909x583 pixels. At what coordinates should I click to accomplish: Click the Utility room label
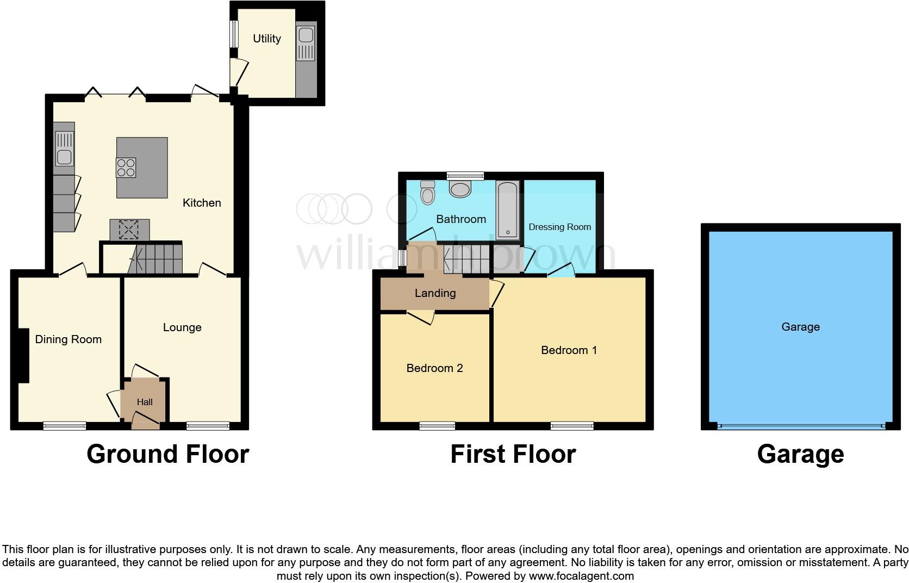[266, 39]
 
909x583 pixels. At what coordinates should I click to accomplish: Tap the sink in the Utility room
[306, 36]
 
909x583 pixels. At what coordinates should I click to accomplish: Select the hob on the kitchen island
[126, 167]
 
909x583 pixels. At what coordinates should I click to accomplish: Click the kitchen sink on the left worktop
[65, 157]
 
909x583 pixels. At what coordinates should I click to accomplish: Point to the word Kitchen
[202, 203]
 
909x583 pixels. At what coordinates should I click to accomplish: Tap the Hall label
[145, 402]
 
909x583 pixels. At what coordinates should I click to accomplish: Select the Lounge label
[182, 327]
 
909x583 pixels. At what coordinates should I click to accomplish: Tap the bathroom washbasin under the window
[460, 189]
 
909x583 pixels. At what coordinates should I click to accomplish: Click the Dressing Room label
[559, 227]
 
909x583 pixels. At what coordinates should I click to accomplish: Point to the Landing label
[435, 293]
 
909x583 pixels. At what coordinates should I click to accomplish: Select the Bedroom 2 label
[434, 368]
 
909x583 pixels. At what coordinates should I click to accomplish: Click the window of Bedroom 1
[572, 426]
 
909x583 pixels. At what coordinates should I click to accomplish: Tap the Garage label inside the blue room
[800, 327]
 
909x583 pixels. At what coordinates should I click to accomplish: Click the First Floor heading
[513, 454]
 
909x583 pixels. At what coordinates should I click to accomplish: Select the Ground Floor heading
[167, 454]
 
